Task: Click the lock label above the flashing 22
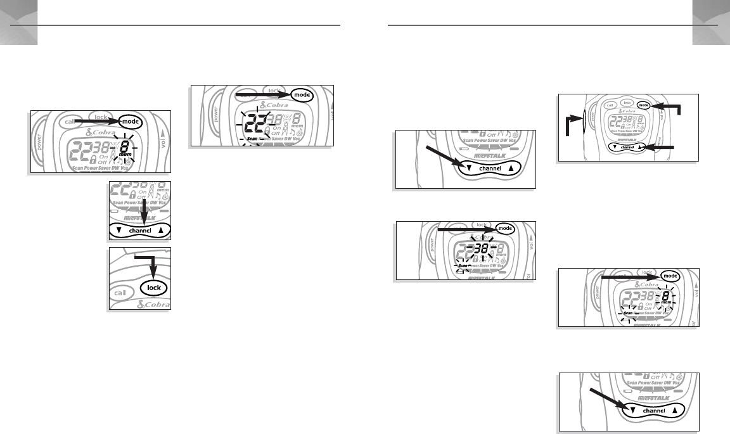pyautogui.click(x=274, y=91)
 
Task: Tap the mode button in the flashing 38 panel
pyautogui.click(x=504, y=228)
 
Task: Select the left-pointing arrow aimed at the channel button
pyautogui.click(x=660, y=148)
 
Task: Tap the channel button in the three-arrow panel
pyautogui.click(x=626, y=147)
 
